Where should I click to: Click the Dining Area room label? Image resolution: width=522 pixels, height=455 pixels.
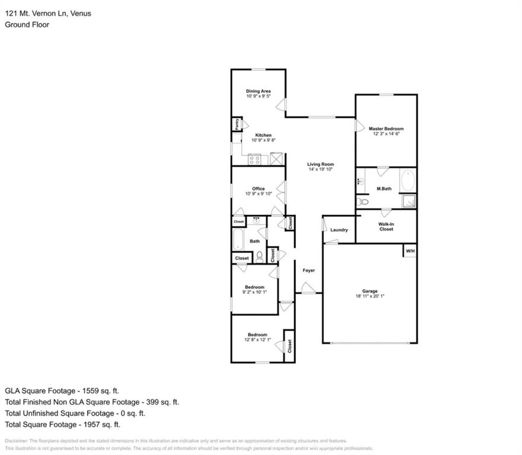tap(258, 91)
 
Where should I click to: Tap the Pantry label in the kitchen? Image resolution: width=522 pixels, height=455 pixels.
tap(236, 124)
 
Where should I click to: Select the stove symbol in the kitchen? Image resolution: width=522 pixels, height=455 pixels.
tap(255, 159)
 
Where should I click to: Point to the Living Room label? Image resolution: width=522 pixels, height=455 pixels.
tap(320, 164)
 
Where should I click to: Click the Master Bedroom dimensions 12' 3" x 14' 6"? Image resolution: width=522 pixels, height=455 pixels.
tap(386, 134)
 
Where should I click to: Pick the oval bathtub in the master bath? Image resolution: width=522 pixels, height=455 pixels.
tap(408, 181)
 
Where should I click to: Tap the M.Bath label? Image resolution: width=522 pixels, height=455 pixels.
tap(384, 189)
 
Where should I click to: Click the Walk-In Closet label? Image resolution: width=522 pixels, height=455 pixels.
tap(386, 226)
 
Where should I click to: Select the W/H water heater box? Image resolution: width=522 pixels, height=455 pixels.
tap(410, 251)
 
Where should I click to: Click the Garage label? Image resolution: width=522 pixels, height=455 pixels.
tap(370, 291)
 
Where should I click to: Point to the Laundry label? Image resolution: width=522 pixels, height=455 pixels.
tap(339, 230)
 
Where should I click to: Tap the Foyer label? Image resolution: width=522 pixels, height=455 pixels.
tap(308, 270)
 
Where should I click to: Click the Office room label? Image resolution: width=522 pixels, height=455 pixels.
tap(258, 188)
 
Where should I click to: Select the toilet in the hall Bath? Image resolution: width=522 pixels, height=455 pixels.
tap(260, 257)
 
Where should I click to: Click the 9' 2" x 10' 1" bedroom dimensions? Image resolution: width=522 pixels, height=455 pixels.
tap(254, 292)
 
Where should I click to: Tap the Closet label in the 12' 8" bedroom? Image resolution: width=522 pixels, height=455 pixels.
tap(289, 345)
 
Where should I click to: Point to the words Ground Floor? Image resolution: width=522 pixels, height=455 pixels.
tap(27, 24)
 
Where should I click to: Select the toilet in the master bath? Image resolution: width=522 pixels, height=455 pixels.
tap(364, 202)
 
